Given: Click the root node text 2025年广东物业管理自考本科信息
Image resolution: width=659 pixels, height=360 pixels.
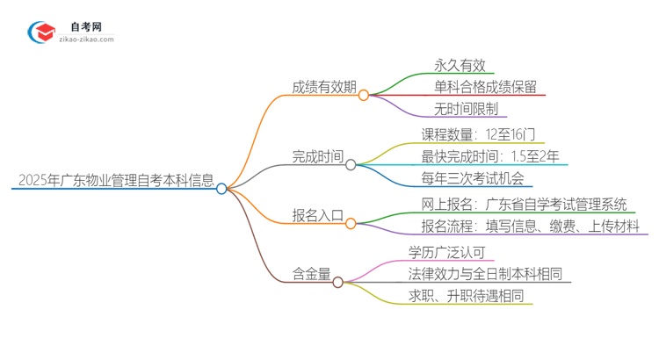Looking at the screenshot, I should point(114,182).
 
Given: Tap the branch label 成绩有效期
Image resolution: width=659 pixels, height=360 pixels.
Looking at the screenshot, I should point(324,86).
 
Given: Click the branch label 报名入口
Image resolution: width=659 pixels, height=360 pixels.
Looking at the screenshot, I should point(317,216).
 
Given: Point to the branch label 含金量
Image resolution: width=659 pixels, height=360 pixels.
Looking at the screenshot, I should point(311,274).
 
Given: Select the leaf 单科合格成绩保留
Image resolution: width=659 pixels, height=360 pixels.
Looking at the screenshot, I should point(484,86).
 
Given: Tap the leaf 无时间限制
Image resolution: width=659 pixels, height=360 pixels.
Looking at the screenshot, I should point(467,109).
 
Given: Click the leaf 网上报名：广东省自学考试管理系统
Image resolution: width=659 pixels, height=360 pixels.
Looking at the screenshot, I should point(525,205).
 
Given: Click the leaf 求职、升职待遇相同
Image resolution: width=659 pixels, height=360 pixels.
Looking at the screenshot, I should point(469,296).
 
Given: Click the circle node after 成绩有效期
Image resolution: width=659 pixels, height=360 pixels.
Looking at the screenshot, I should point(363,95).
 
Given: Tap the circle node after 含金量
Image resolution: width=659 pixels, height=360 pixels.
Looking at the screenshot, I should point(337,282).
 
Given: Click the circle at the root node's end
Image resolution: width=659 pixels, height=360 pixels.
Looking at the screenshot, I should point(221,188).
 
